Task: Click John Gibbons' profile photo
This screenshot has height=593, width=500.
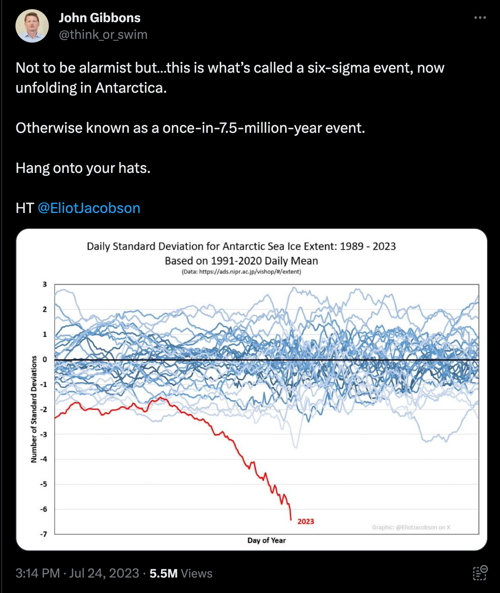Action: [x=32, y=26]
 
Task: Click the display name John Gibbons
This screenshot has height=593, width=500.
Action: [x=99, y=18]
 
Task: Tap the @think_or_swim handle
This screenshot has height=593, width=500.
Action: [x=103, y=35]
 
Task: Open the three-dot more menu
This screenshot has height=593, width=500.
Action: [x=480, y=18]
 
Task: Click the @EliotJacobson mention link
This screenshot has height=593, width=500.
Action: [x=89, y=208]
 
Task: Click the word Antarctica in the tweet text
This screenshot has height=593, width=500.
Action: [x=131, y=88]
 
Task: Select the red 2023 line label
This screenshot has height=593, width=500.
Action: [x=306, y=521]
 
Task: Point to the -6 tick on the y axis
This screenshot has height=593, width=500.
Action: [x=44, y=509]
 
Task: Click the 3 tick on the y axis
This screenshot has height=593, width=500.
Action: [x=45, y=284]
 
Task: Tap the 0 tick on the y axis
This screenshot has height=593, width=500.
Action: [x=45, y=360]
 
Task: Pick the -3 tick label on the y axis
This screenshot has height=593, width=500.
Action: [x=44, y=434]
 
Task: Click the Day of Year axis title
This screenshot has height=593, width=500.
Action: [x=266, y=540]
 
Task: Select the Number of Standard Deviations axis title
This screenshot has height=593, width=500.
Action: [x=34, y=409]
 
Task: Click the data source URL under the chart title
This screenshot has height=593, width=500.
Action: [x=241, y=272]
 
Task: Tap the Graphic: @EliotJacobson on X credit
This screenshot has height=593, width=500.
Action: [x=411, y=527]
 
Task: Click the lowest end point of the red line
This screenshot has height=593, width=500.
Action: [x=291, y=520]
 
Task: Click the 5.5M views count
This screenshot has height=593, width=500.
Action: [x=164, y=573]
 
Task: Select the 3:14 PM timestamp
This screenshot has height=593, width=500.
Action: [x=38, y=573]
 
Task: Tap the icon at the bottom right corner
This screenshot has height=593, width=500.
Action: [x=480, y=573]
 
